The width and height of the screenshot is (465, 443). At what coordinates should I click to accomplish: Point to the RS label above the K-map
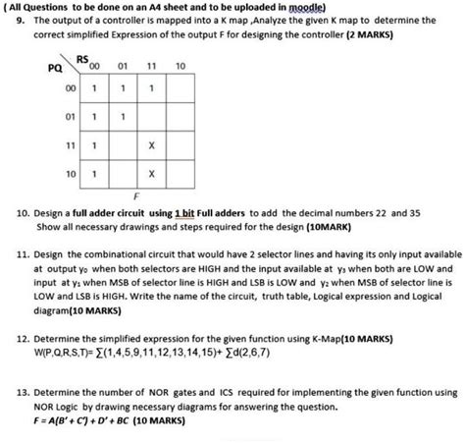click(x=82, y=61)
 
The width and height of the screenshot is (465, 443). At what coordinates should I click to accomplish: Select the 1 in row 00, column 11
click(x=151, y=88)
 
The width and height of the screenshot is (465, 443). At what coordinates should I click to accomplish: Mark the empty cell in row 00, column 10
click(x=179, y=88)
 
